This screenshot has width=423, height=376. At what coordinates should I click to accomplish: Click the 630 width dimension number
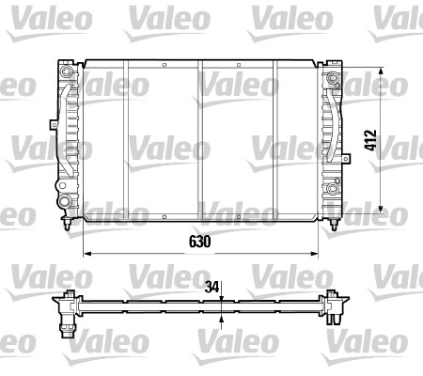196,242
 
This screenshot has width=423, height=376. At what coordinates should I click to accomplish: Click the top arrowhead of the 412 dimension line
382,72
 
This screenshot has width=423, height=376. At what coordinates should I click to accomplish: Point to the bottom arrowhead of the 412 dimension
382,209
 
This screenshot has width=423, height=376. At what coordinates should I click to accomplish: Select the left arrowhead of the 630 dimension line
87,254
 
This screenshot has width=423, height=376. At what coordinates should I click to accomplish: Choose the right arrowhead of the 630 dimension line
317,254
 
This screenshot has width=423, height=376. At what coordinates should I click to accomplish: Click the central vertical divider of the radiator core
200,141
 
